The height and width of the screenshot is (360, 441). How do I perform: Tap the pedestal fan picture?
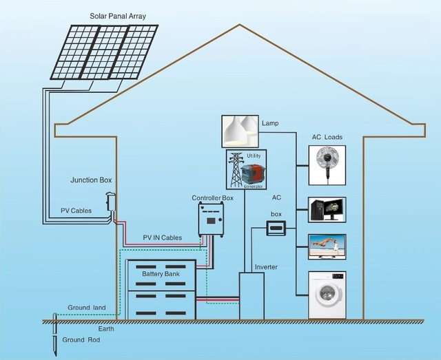pos(327,165)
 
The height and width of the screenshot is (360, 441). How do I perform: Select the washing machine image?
pos(327,295)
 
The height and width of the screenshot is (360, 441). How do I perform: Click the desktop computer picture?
pos(327,209)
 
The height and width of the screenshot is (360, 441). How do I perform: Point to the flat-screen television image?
pos(327,246)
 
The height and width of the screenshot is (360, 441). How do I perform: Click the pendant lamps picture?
pos(239,131)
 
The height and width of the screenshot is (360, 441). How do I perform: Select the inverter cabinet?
pos(252,295)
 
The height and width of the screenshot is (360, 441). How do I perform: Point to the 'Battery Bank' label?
pos(161,275)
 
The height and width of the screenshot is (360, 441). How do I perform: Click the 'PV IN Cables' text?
pos(163,237)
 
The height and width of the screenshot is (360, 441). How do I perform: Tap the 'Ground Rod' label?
pos(83,340)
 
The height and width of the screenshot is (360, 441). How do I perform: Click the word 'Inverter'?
pos(266,266)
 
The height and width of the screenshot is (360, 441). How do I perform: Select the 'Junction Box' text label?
pos(91,180)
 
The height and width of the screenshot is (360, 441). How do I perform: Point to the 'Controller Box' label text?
pos(212,198)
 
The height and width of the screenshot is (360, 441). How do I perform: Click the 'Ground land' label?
pos(86,308)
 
